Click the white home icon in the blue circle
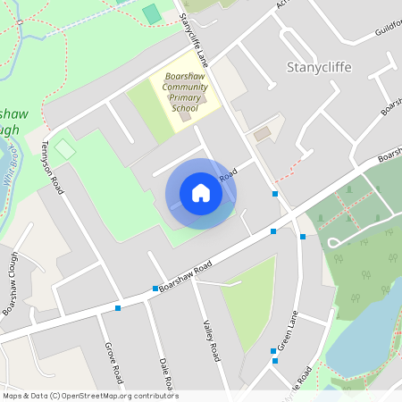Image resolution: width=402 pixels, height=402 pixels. click(201, 193)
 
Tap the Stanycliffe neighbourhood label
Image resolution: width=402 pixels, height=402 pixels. click(320, 67)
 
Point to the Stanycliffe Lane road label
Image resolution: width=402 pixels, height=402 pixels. click(192, 40)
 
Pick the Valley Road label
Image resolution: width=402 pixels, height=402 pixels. click(211, 340)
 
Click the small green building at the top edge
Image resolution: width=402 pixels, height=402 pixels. click(153, 13)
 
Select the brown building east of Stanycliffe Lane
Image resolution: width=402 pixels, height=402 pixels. click(262, 134)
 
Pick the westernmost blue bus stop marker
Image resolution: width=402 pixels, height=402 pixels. click(118, 308)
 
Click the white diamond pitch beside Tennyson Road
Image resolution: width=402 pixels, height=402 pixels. click(65, 148)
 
